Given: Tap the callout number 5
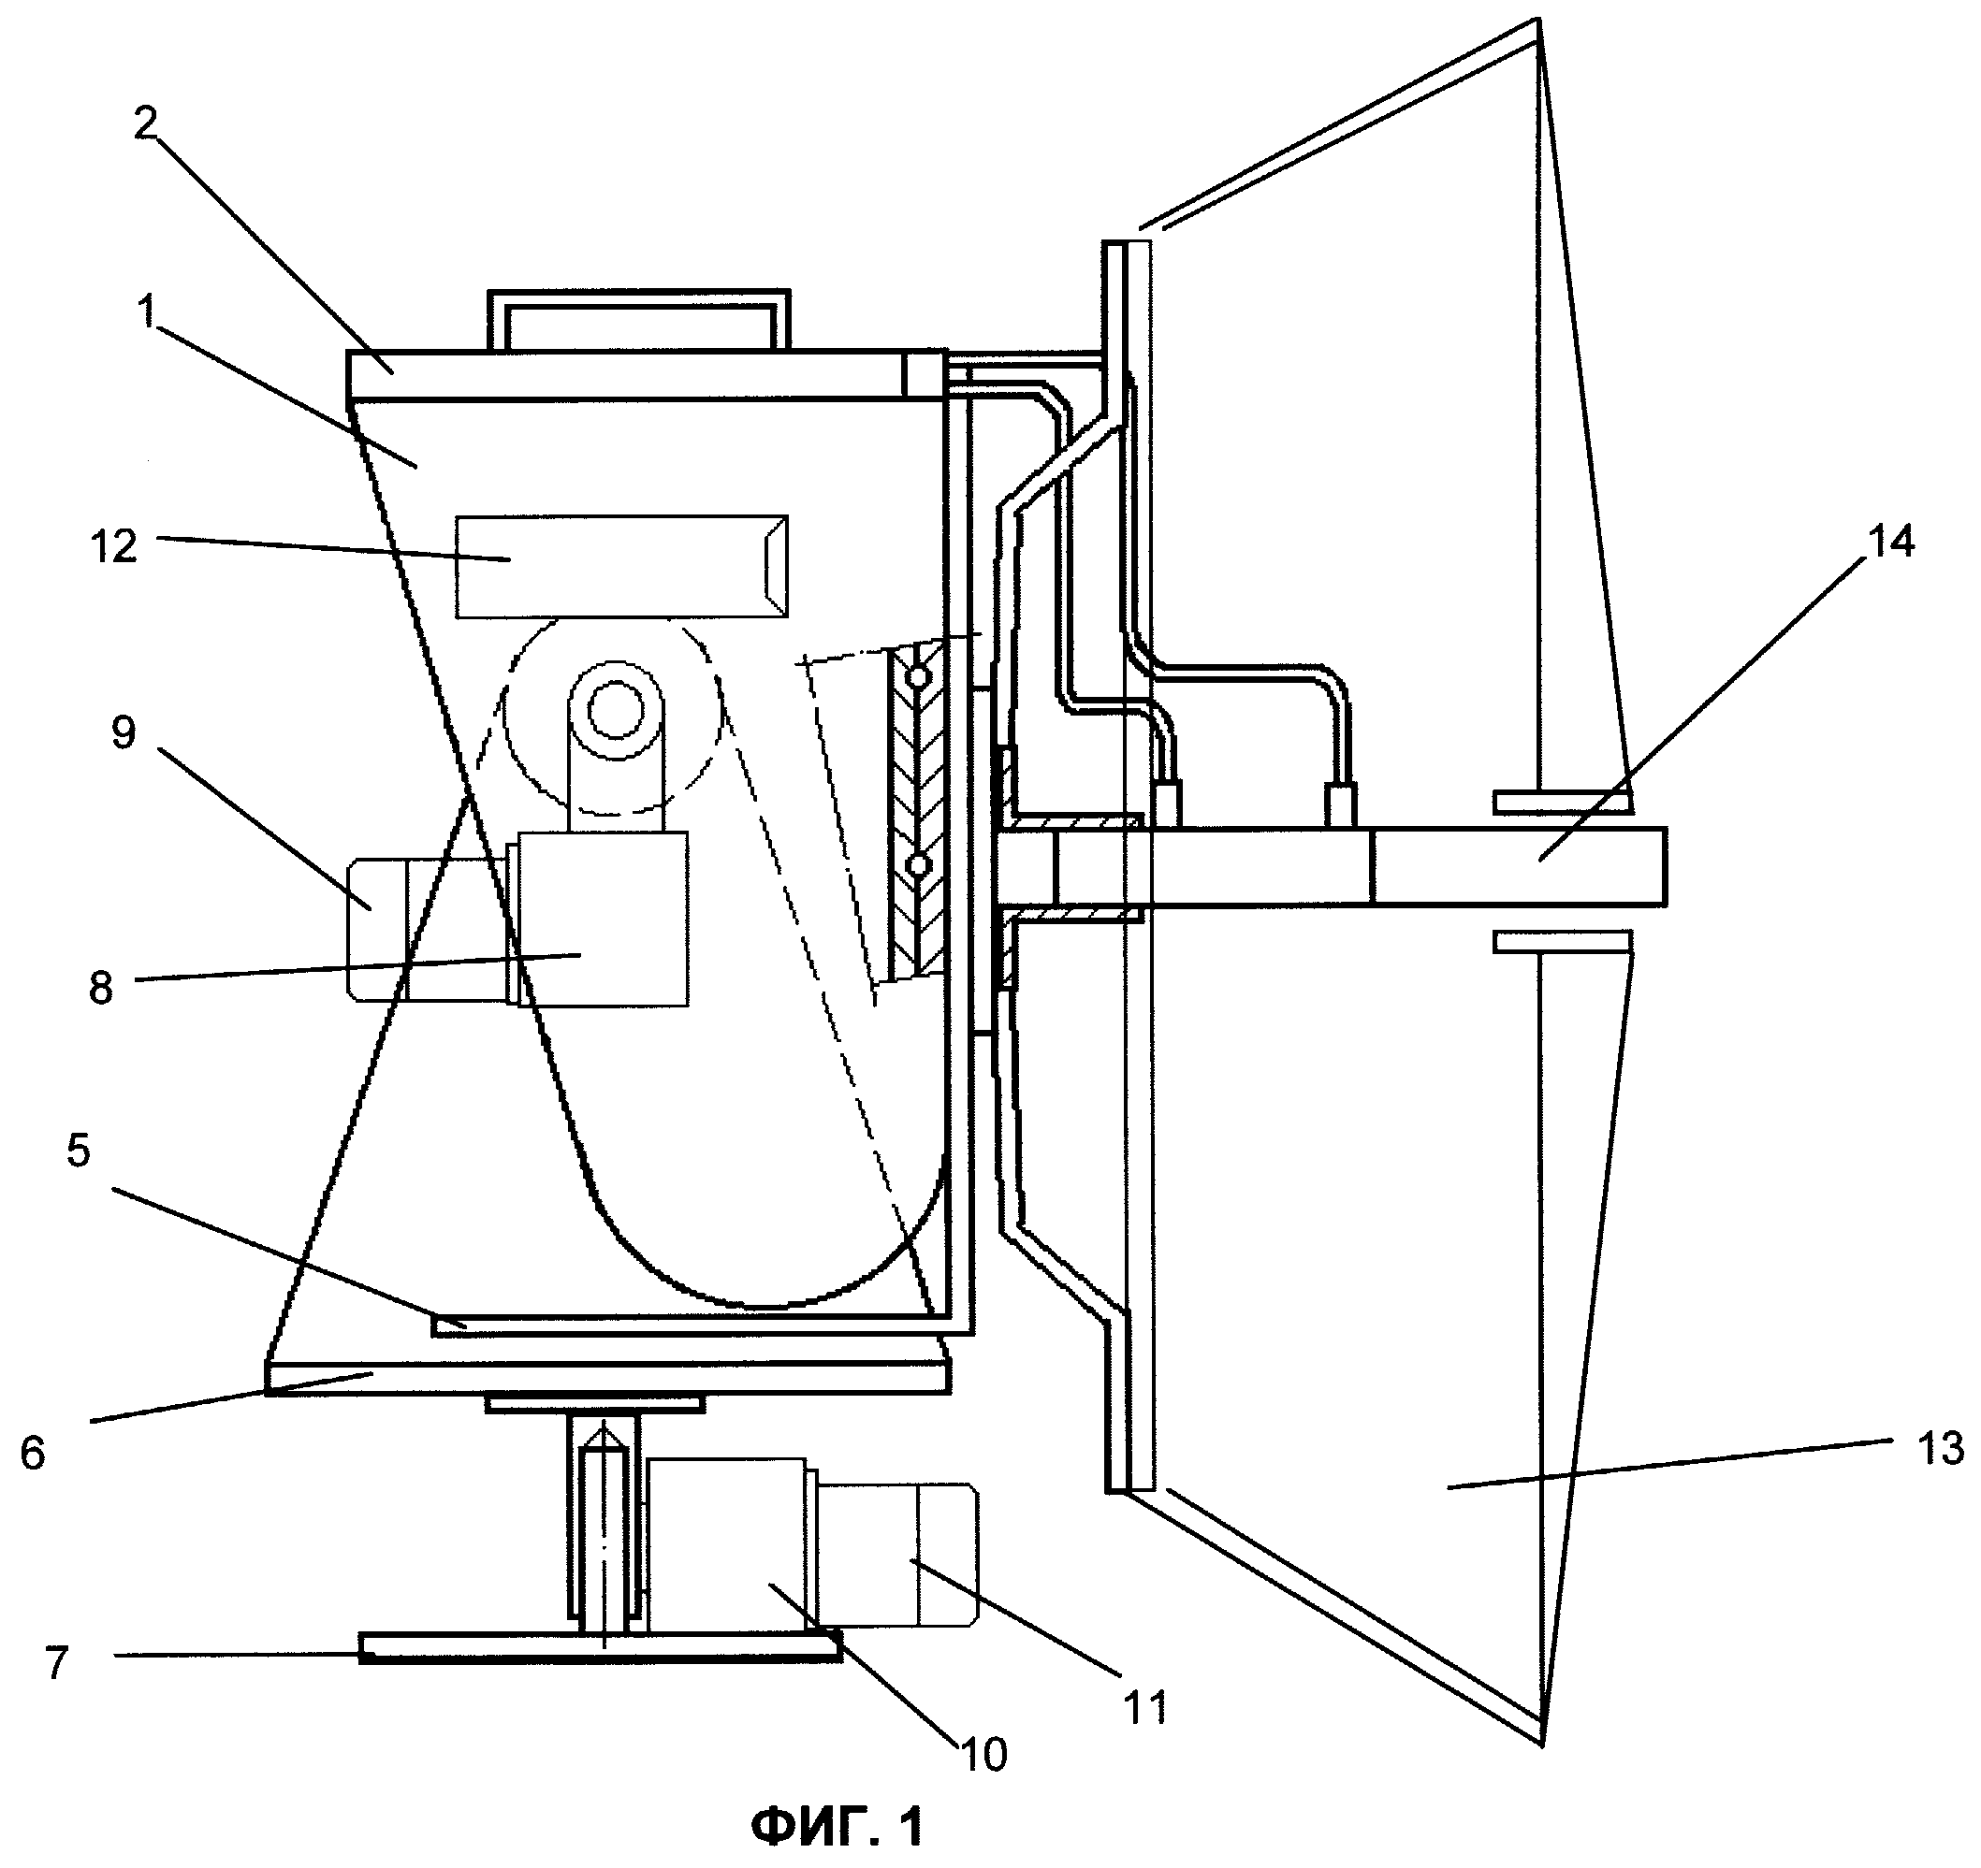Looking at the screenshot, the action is [78, 1151].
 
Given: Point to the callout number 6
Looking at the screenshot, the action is [33, 1454].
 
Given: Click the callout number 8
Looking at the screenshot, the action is [101, 991].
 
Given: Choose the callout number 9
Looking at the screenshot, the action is [123, 734].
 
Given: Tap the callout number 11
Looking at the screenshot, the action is [1145, 1708].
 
